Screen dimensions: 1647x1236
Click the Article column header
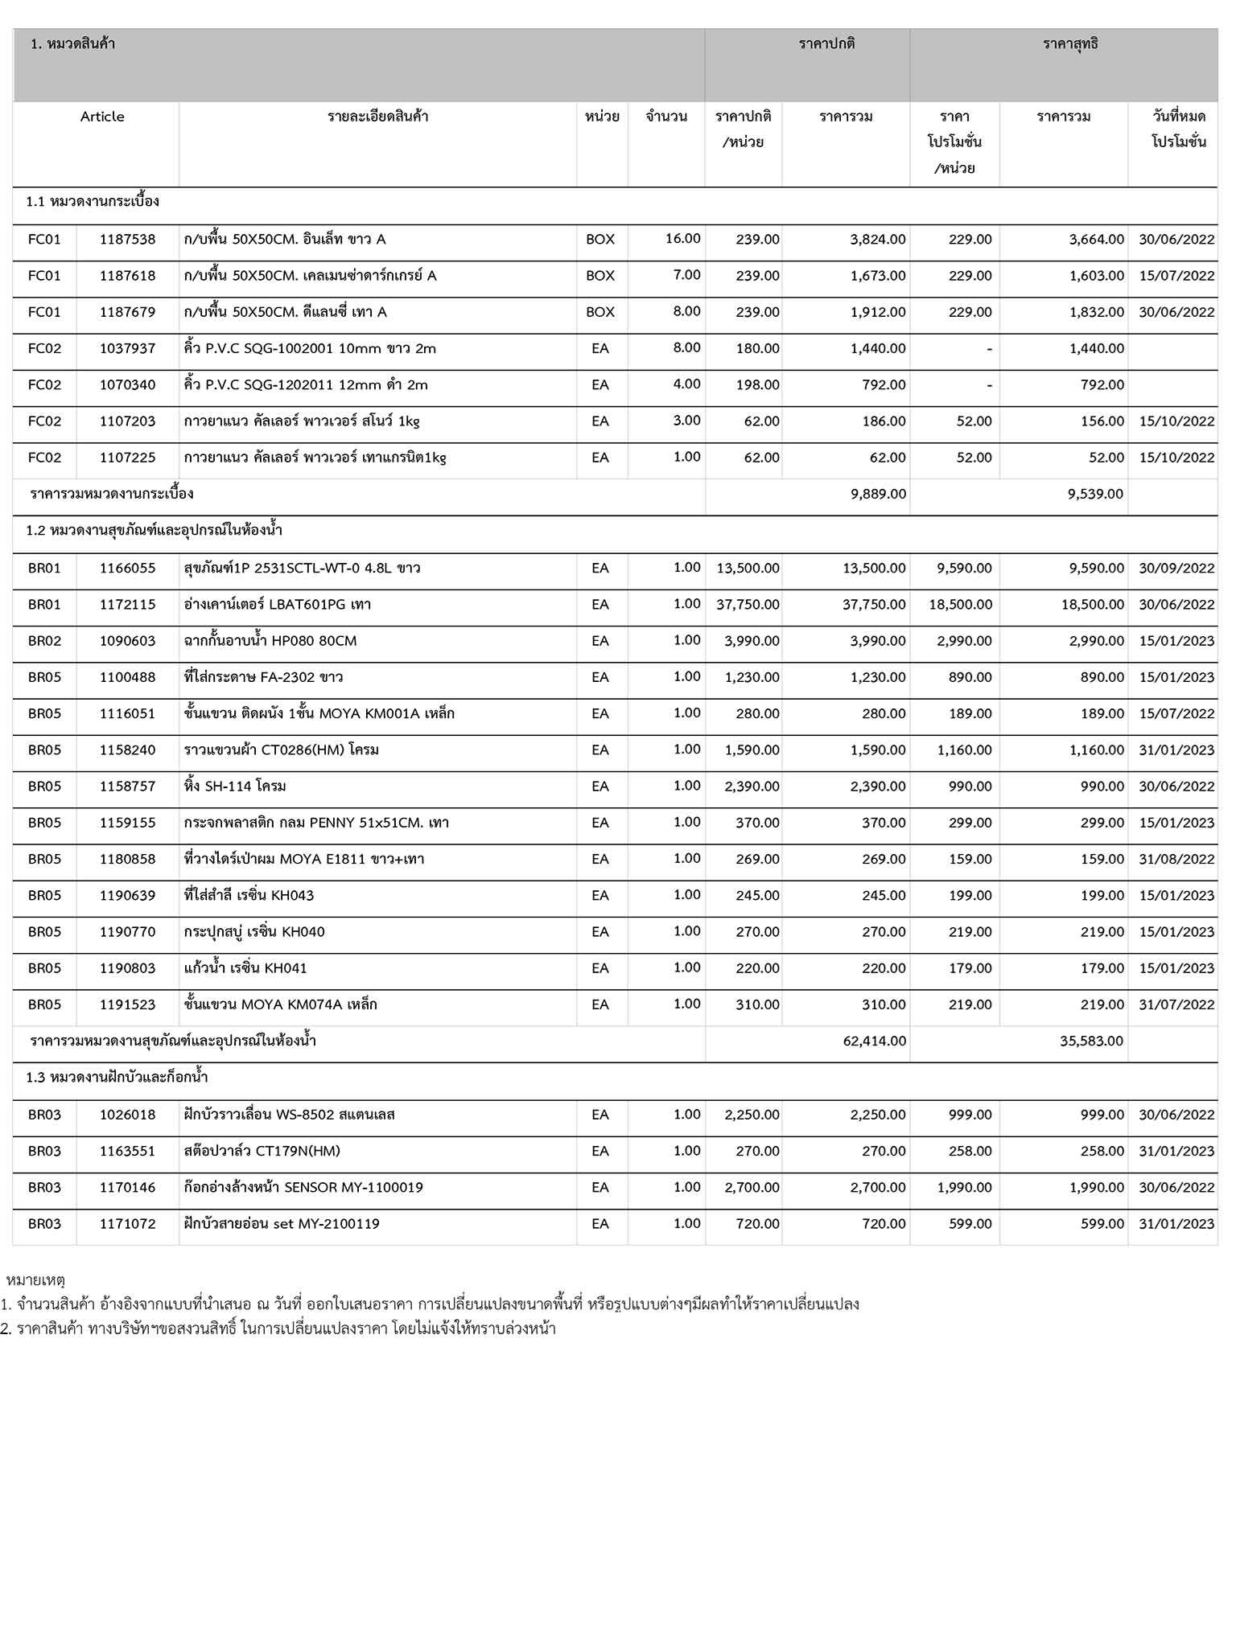(x=102, y=117)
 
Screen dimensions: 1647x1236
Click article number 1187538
(x=127, y=239)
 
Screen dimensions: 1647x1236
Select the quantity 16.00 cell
(x=682, y=238)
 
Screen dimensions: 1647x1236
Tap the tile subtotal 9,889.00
(x=878, y=494)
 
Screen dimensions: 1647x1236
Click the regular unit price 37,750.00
(x=748, y=605)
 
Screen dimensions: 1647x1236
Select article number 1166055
(x=127, y=569)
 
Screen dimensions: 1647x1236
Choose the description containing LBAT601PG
(x=278, y=605)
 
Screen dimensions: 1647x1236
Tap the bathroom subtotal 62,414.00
(x=875, y=1041)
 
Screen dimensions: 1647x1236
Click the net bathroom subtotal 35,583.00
(x=1091, y=1041)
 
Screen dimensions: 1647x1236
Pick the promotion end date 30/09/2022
(x=1176, y=569)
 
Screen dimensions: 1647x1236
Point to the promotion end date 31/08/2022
(x=1176, y=859)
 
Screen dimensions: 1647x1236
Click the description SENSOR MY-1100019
(x=303, y=1188)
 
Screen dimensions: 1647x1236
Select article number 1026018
(x=127, y=1115)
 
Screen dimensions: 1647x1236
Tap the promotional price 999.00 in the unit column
(x=970, y=1115)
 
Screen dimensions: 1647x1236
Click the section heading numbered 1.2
(x=154, y=531)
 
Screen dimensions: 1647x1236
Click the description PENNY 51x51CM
(x=316, y=823)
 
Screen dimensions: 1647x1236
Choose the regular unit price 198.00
(x=757, y=384)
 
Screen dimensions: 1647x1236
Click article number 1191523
(x=127, y=1004)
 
